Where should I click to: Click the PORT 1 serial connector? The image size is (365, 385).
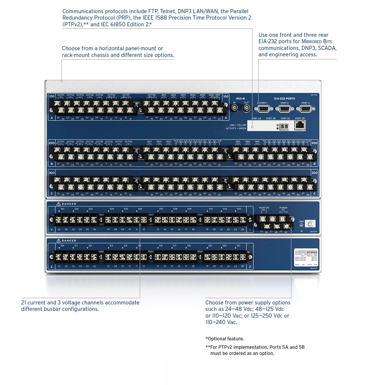click(262, 109)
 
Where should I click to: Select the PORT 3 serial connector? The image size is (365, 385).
click(305, 109)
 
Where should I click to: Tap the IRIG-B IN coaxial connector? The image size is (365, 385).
click(235, 108)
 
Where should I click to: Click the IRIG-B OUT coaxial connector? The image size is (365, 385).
click(246, 108)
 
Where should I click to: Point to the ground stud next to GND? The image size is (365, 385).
click(310, 224)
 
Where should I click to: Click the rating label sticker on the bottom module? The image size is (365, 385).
click(306, 257)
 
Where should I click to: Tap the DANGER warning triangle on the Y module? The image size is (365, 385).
click(58, 204)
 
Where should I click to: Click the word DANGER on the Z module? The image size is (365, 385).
click(69, 241)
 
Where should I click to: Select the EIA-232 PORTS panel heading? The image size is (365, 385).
click(284, 99)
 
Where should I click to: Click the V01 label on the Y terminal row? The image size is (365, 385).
click(211, 209)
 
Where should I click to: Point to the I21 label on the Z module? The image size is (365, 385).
click(239, 246)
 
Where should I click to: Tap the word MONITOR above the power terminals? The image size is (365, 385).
click(264, 208)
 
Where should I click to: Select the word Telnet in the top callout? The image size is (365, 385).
click(167, 11)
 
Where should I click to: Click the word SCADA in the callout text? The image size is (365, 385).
click(327, 48)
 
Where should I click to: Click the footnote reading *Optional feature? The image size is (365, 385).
click(224, 339)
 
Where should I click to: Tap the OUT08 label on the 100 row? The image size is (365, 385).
click(151, 95)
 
